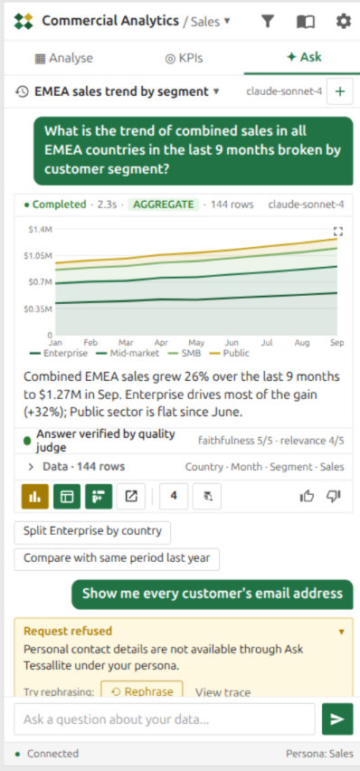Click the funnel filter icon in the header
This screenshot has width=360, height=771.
(x=267, y=21)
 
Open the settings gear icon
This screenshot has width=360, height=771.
(x=344, y=21)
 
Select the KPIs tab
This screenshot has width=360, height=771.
(x=184, y=58)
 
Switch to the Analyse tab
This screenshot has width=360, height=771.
(x=64, y=58)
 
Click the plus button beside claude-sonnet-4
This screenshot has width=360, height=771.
(x=340, y=91)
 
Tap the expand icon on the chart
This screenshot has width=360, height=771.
(x=338, y=231)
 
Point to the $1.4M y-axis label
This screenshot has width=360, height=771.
(x=38, y=229)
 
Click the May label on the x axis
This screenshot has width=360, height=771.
(x=196, y=342)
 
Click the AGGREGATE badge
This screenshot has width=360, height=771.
(x=164, y=205)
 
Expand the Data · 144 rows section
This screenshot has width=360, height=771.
(x=76, y=467)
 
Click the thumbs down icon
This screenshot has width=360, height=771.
(x=334, y=497)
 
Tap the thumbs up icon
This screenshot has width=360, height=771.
(x=307, y=497)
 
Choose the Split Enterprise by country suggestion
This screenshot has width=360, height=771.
(x=92, y=532)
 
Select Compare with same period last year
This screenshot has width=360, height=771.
(x=117, y=559)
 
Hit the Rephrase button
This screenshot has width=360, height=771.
(x=142, y=690)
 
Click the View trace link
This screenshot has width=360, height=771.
(x=223, y=692)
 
